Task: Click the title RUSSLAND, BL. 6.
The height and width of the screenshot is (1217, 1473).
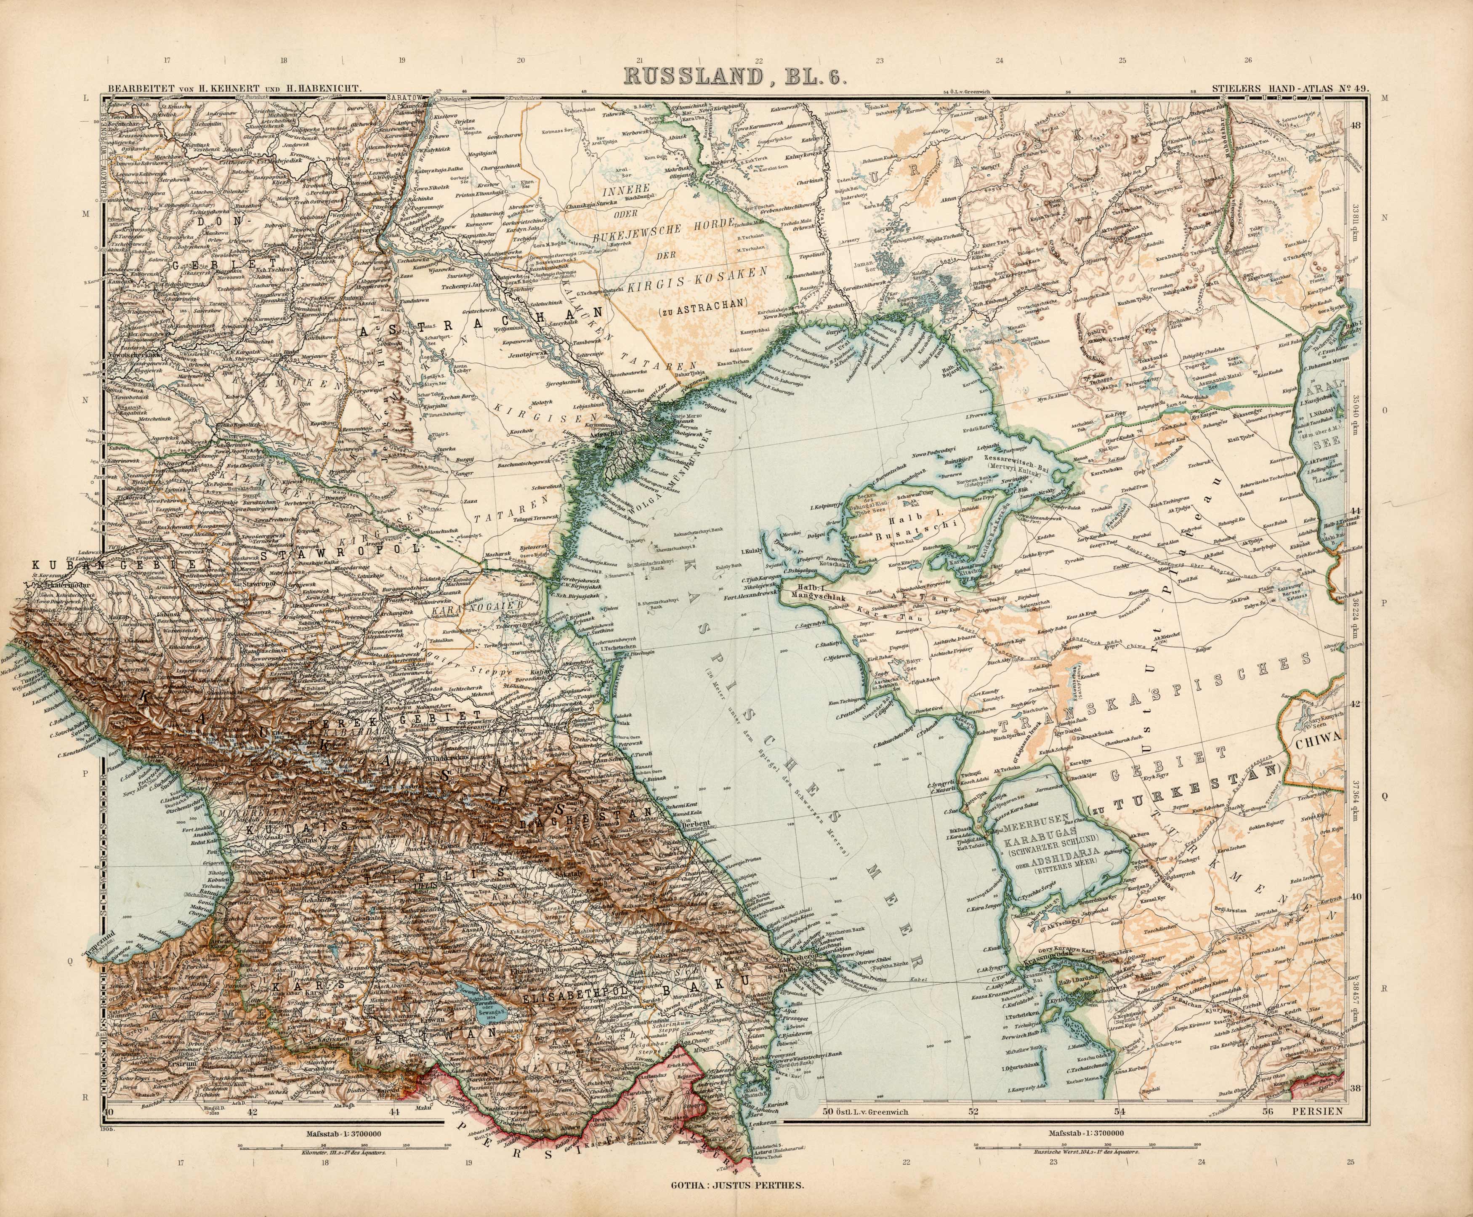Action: click(735, 75)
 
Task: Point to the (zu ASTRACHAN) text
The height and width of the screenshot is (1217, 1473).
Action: click(704, 302)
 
